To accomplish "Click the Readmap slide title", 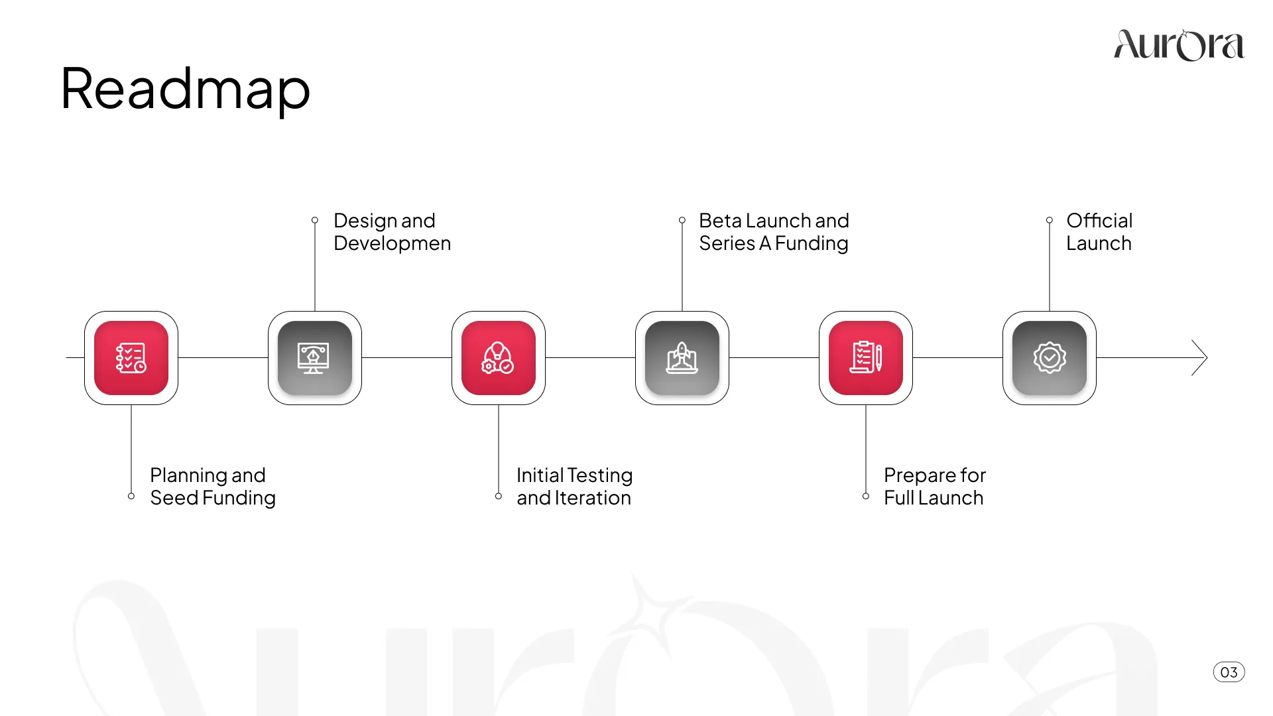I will click(x=185, y=89).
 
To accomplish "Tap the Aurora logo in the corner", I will click(x=1179, y=45).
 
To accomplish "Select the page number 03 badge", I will click(x=1229, y=672).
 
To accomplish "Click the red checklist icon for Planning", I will click(x=131, y=358).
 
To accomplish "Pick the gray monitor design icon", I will click(x=315, y=358).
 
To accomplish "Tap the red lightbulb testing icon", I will click(x=499, y=358).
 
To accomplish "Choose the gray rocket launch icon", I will click(x=682, y=358).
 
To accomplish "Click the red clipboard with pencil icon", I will click(x=866, y=358).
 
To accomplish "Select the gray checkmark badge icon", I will click(x=1050, y=358).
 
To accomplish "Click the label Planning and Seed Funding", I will click(x=212, y=487).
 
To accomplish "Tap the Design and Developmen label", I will click(x=392, y=232).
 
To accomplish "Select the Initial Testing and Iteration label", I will click(x=574, y=487).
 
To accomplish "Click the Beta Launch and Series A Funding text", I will click(x=774, y=232).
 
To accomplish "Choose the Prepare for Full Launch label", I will click(x=934, y=487).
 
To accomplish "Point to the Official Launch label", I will click(x=1099, y=232).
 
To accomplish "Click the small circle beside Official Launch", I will click(x=1050, y=220).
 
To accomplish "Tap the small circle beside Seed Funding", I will click(x=131, y=496).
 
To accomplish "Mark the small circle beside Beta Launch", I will click(x=682, y=220).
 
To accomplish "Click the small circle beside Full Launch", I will click(x=866, y=496).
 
